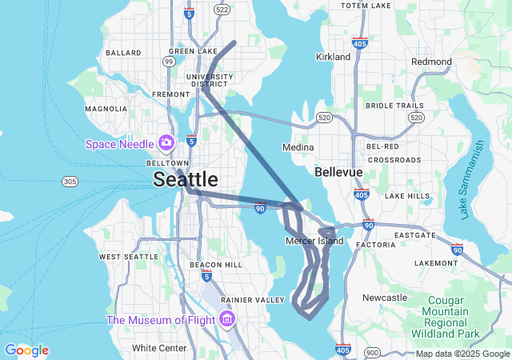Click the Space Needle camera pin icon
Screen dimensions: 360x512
click(x=166, y=143)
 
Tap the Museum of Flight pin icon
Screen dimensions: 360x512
click(x=228, y=320)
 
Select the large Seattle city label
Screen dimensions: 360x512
click(x=186, y=178)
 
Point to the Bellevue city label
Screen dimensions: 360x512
click(x=338, y=172)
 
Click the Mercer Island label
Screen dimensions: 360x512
click(x=314, y=241)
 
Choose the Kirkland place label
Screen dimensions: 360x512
click(x=334, y=57)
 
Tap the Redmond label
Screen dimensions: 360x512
click(x=431, y=62)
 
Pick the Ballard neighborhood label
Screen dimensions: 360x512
click(x=123, y=53)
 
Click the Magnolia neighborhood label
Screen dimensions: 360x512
click(x=106, y=108)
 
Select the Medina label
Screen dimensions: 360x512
click(x=298, y=147)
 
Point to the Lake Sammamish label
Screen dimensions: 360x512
click(x=473, y=180)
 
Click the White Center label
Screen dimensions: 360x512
click(x=159, y=348)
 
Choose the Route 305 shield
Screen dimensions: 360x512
click(x=70, y=182)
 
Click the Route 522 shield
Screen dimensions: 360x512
click(x=222, y=9)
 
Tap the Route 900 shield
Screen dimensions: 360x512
click(x=372, y=352)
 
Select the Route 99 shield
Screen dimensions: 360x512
click(x=169, y=61)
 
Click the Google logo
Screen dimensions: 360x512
click(x=26, y=350)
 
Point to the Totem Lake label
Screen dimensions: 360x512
click(x=366, y=6)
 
